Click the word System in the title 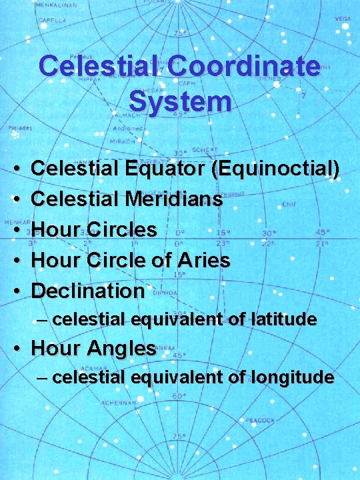(180, 101)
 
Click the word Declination (88, 291)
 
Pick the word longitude (292, 377)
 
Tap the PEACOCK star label (259, 421)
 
